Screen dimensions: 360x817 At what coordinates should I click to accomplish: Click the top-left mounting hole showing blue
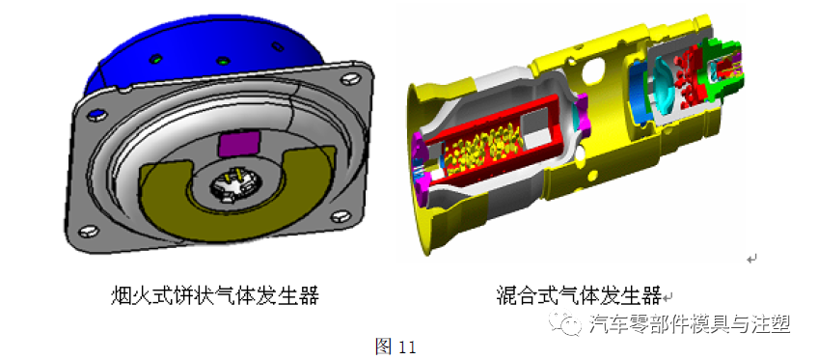click(x=95, y=115)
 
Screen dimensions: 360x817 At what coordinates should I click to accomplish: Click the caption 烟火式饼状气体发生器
click(x=214, y=295)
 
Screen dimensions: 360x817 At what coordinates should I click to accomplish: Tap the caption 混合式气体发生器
click(x=578, y=295)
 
